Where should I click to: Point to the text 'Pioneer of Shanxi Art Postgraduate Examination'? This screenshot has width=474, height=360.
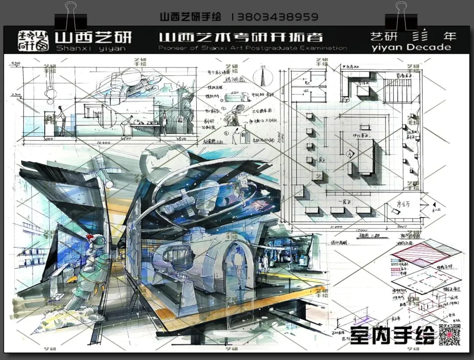pos(252,48)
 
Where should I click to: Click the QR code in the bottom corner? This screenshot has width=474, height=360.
pos(449,335)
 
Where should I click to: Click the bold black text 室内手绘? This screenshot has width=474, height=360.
pos(391,335)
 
